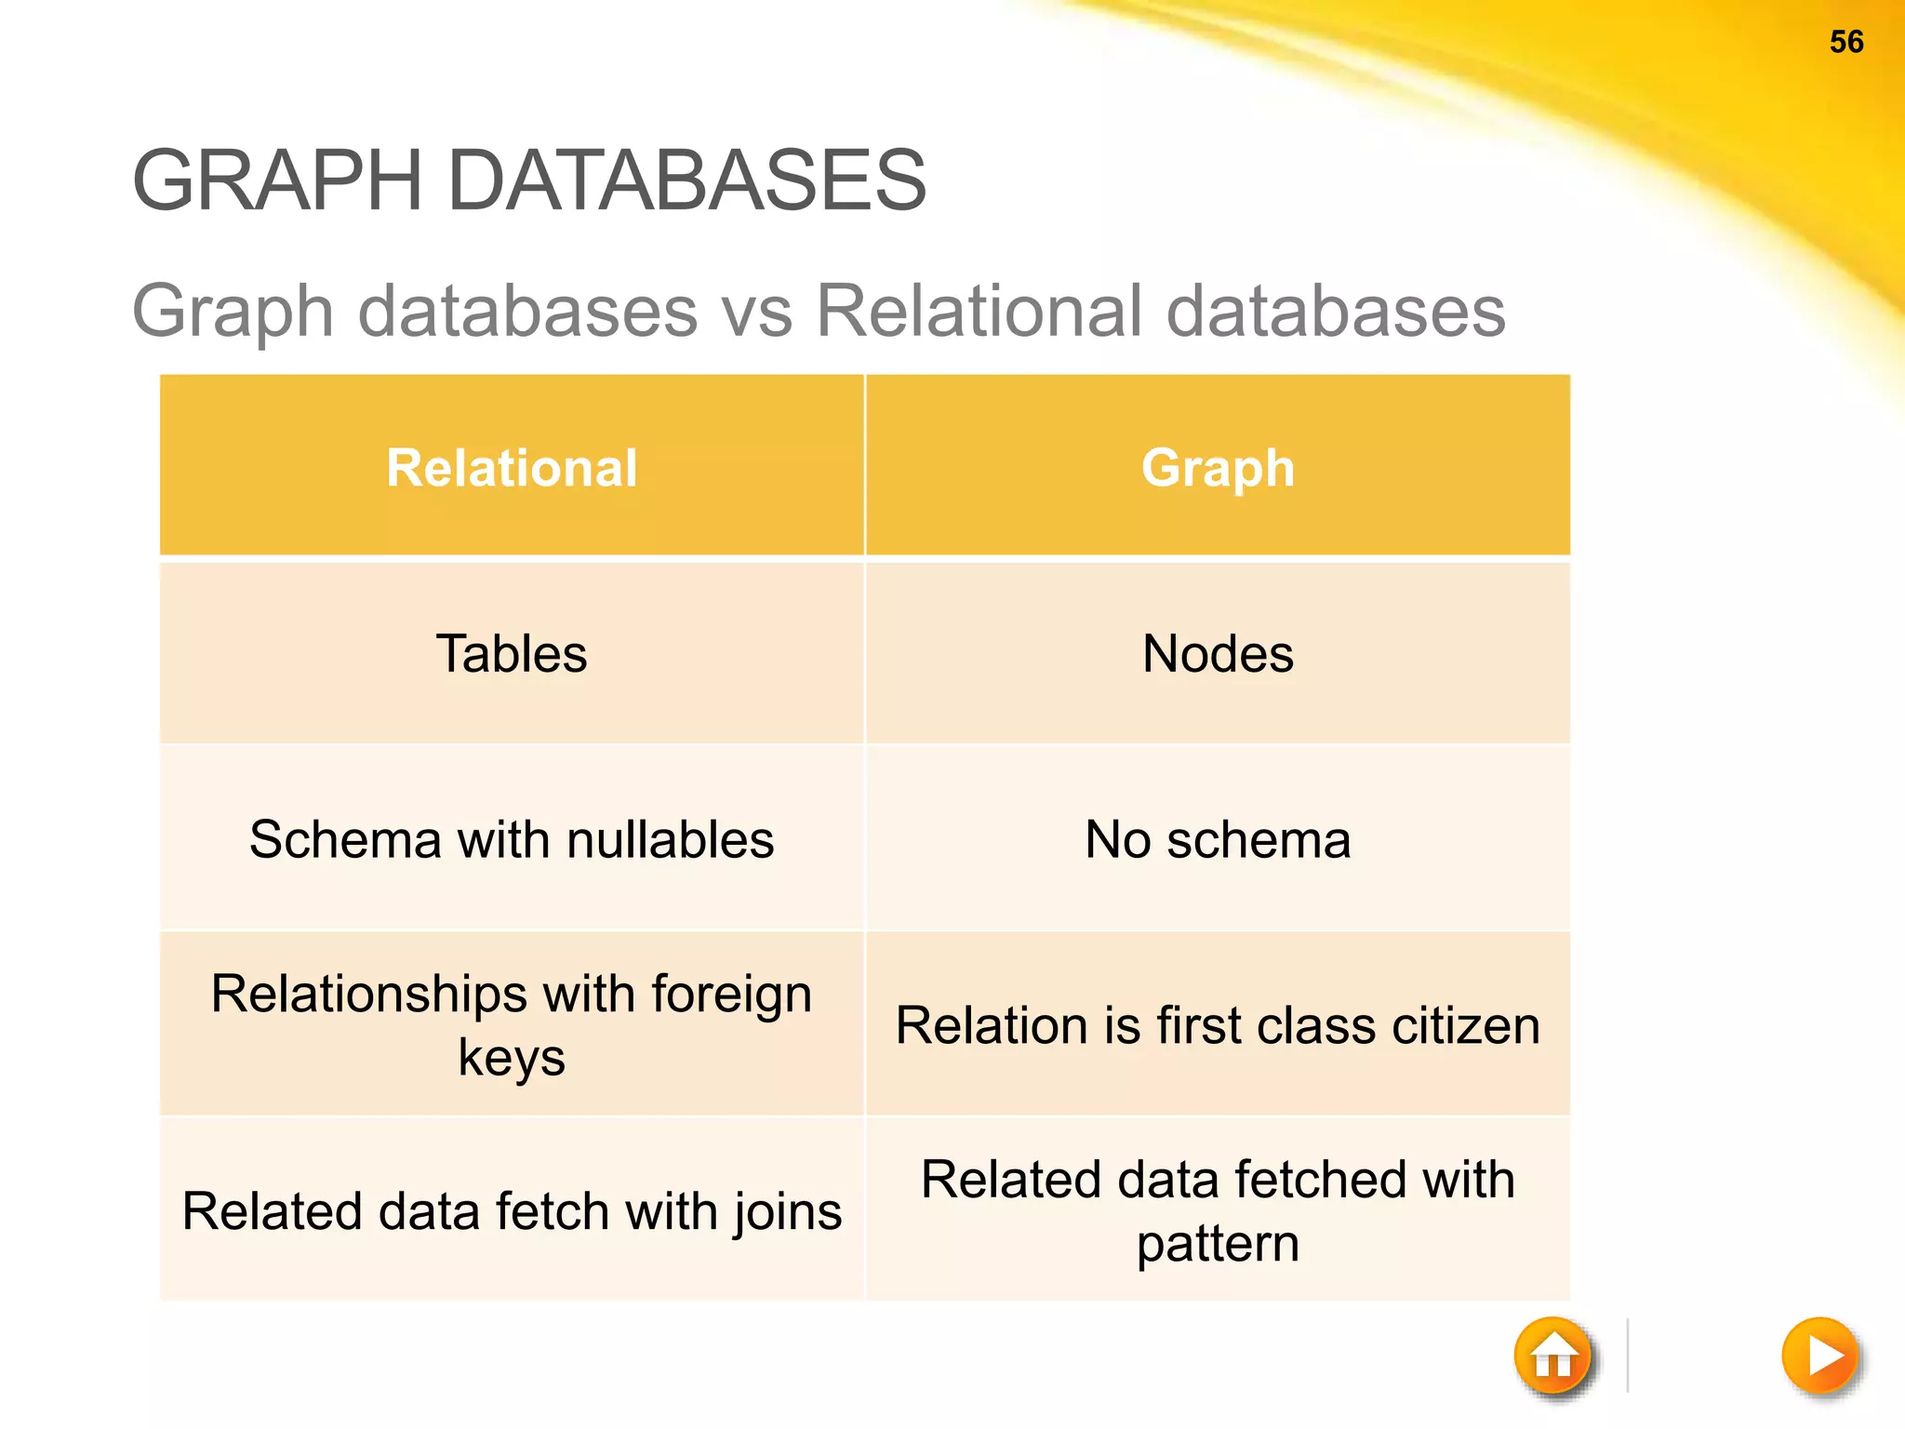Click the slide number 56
[1845, 42]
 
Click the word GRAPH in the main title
[277, 180]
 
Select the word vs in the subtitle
[756, 312]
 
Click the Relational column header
[512, 467]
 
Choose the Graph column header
[1218, 467]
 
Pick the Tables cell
[512, 653]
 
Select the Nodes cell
[1218, 653]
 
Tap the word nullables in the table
[670, 839]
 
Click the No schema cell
[1218, 839]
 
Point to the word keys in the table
[512, 1058]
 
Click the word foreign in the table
[731, 995]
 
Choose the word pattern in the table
[1218, 1244]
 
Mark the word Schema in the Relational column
[344, 839]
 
